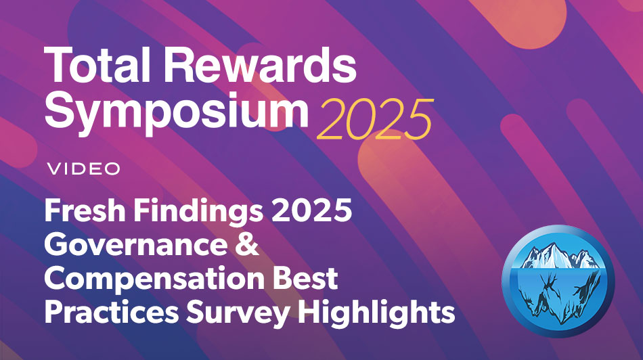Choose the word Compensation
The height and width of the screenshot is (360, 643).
coord(156,279)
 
